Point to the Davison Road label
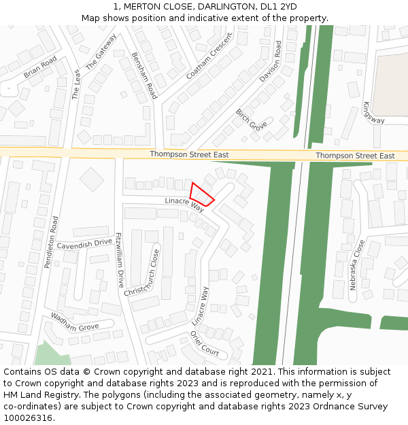coord(269,62)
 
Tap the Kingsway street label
coord(373,113)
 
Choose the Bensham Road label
coord(144,75)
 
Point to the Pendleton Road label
coord(52,242)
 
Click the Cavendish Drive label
coord(84,243)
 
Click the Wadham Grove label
coord(75,322)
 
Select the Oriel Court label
coord(204,343)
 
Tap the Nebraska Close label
coord(358,265)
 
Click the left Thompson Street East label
coord(189,155)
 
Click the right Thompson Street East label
coord(355,156)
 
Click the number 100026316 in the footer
coord(28,418)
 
